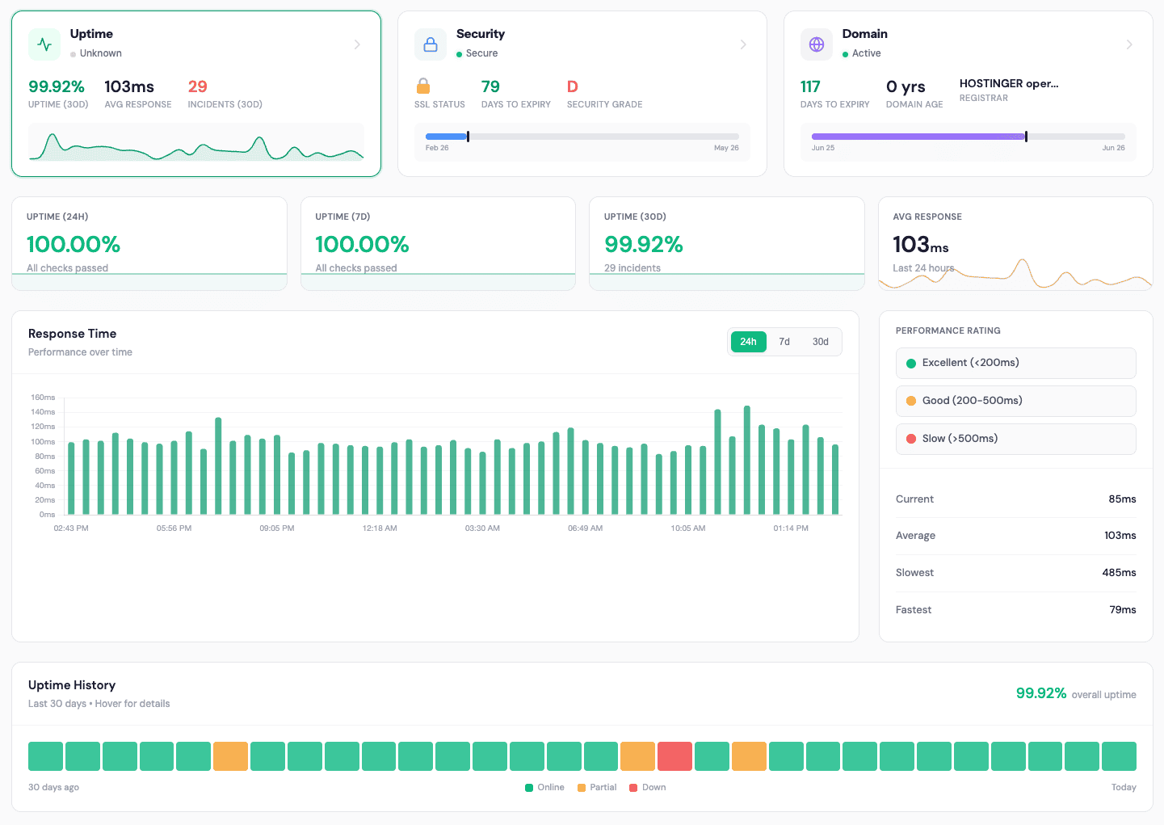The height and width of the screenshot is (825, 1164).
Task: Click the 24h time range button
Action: [x=748, y=342]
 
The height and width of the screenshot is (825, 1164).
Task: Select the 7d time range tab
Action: [x=784, y=342]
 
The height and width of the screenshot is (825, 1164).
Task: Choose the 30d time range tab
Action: [x=820, y=342]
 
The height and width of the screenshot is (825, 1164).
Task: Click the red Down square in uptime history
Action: [x=674, y=756]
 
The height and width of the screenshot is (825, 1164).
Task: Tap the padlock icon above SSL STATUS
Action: [x=422, y=86]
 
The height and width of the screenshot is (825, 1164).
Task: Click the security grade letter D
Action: [x=572, y=86]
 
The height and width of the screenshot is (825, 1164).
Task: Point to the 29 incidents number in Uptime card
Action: [x=197, y=86]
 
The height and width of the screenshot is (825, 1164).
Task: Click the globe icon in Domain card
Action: [x=816, y=44]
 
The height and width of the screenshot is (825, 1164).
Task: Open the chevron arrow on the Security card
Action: [x=743, y=44]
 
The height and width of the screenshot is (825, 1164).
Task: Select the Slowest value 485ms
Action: [x=1119, y=572]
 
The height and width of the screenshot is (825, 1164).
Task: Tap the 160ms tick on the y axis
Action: [x=43, y=398]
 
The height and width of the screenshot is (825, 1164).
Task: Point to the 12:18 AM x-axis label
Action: [x=379, y=528]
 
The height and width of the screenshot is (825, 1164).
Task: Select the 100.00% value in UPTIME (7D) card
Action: [x=362, y=244]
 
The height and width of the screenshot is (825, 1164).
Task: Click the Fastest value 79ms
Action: [x=1122, y=609]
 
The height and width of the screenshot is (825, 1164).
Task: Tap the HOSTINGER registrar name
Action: [x=1008, y=83]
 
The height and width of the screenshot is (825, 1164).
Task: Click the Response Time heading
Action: [x=72, y=334]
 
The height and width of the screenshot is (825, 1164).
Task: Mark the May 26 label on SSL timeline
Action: [x=726, y=148]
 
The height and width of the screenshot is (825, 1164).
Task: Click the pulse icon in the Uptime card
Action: [x=44, y=44]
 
